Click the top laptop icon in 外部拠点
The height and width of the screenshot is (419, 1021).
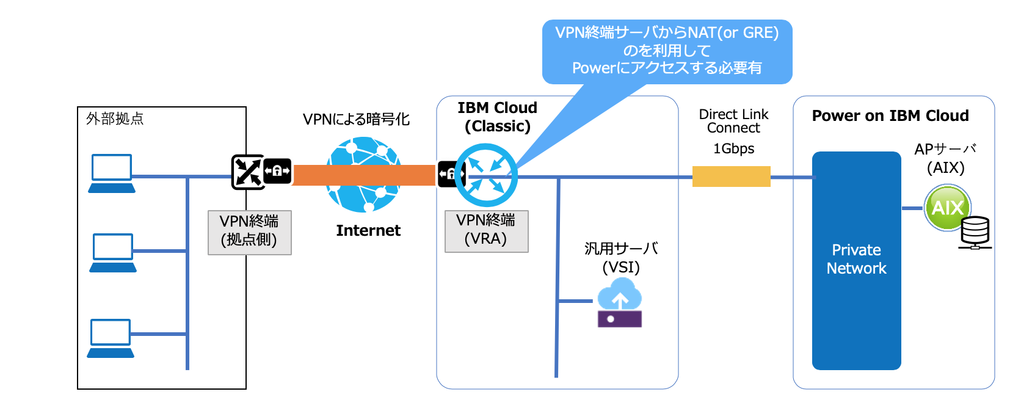point(112,173)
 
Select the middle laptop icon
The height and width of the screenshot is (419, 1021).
point(113,252)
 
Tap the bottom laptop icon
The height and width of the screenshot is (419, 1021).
point(111,338)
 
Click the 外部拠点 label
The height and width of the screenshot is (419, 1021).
point(115,118)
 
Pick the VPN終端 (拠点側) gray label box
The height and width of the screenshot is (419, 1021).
point(249,232)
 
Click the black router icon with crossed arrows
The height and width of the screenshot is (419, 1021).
point(247,172)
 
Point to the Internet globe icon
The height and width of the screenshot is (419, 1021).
point(364,175)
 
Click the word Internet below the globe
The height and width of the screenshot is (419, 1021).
point(368,230)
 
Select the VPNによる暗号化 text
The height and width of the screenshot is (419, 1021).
point(356,119)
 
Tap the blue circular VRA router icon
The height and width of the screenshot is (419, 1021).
point(486,175)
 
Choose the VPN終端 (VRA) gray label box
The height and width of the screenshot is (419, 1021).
point(486,230)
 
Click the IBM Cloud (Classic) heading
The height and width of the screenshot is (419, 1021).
point(497,117)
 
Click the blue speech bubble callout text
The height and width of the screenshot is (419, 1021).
point(667,50)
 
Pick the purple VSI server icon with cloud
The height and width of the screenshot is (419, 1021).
point(620,303)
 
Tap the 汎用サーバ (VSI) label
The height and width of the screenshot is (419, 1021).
point(620,258)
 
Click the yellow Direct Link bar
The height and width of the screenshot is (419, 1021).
point(731,177)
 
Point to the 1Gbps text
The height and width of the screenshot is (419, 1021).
point(733,148)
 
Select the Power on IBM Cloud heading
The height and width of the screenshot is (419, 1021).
point(890,115)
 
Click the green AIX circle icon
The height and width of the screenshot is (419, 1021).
point(947,208)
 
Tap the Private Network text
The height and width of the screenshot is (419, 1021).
point(856,259)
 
